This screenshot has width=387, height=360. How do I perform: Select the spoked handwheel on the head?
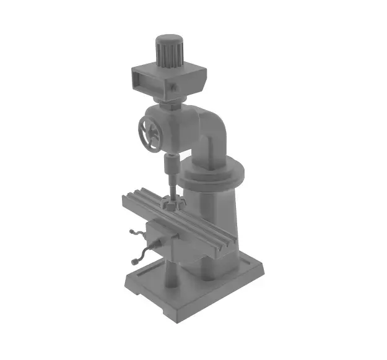150,134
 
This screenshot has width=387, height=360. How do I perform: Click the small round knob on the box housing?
175,88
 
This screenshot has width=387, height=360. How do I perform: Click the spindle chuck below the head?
170,166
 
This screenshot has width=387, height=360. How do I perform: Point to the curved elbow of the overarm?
214,127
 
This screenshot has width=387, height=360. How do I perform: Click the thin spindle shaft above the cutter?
172,186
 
